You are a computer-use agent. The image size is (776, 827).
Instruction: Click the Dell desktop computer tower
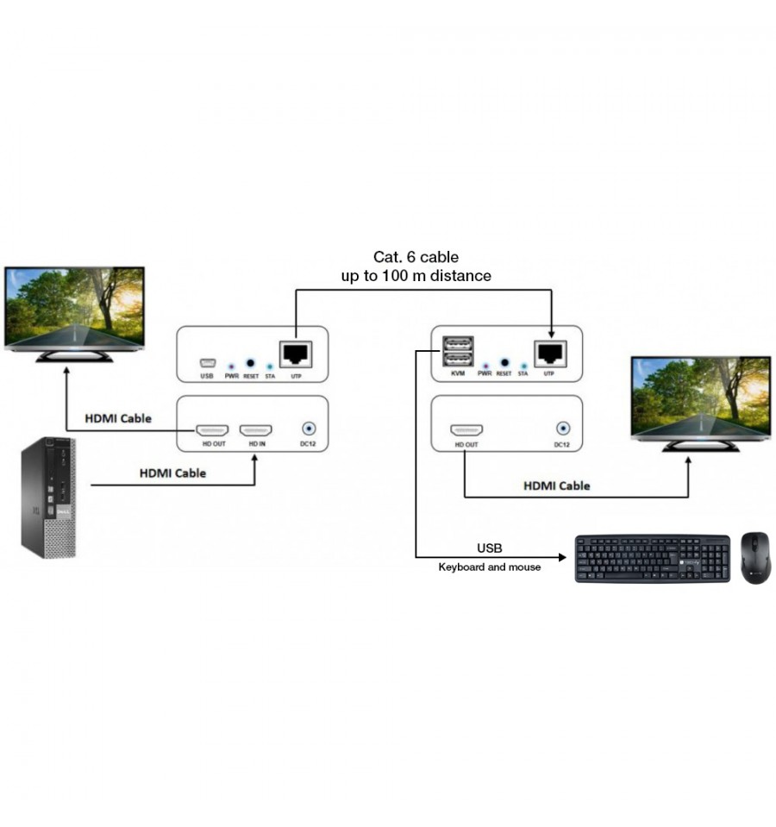point(48,498)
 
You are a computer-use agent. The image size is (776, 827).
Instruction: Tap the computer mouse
point(755,558)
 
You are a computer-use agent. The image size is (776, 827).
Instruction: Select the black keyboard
point(652,559)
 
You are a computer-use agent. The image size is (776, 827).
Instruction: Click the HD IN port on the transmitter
point(256,430)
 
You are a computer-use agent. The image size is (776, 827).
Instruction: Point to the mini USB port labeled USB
point(207,363)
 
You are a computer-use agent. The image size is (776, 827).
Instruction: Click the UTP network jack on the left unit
point(296,354)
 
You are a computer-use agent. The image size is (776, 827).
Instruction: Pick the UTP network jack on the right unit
point(550,353)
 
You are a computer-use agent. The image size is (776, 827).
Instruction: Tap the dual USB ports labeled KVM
point(458,351)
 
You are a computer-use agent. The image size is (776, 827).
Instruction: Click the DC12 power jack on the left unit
point(309,429)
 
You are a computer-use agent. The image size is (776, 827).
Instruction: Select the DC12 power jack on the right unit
point(563,429)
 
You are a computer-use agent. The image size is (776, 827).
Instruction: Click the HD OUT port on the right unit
point(466,430)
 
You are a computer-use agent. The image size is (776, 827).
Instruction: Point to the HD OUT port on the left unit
point(212,430)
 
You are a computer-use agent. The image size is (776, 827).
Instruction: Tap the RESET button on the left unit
point(250,363)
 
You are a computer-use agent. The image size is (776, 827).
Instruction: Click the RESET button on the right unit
point(504,362)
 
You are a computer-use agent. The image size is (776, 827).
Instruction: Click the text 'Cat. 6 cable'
point(416,257)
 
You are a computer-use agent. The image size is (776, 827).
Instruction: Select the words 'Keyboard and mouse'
point(489,567)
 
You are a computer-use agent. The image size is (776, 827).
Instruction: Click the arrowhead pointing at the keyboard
point(562,557)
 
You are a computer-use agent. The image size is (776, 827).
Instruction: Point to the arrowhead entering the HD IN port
point(254,459)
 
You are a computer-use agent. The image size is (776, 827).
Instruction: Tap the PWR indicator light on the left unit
point(231,366)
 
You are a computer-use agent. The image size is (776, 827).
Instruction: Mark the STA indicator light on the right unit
point(523,366)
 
